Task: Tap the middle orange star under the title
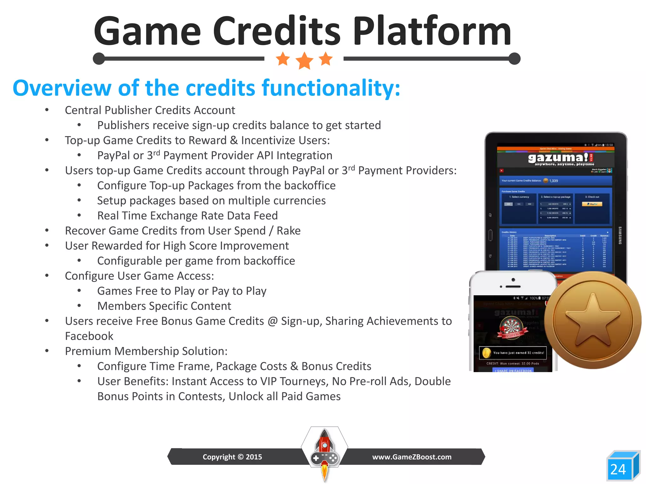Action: pyautogui.click(x=304, y=60)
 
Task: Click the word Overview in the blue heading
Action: pyautogui.click(x=62, y=88)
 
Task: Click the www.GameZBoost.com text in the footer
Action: pyautogui.click(x=412, y=457)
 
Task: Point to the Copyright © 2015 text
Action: pyautogui.click(x=232, y=457)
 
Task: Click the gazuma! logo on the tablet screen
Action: pyautogui.click(x=558, y=158)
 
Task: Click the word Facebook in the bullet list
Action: pyautogui.click(x=89, y=336)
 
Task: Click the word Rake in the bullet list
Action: pyautogui.click(x=288, y=231)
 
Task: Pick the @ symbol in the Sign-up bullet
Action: pyautogui.click(x=272, y=321)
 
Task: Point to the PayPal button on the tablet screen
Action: pyautogui.click(x=592, y=204)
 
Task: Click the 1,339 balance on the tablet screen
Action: pyautogui.click(x=554, y=181)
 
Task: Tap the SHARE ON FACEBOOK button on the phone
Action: pyautogui.click(x=513, y=371)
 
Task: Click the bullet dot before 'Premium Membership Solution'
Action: pyautogui.click(x=47, y=351)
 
